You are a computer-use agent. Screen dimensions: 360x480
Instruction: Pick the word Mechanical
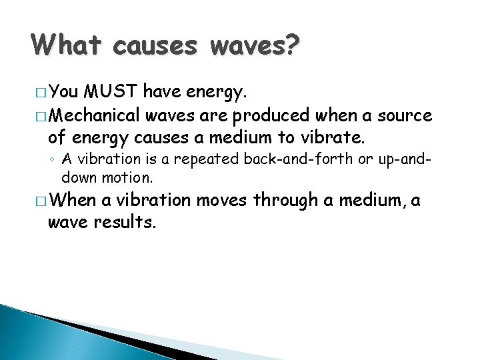[x=93, y=116]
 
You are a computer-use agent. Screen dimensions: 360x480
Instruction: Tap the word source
[x=405, y=116]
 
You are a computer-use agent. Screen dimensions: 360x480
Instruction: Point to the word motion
[x=132, y=177]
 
